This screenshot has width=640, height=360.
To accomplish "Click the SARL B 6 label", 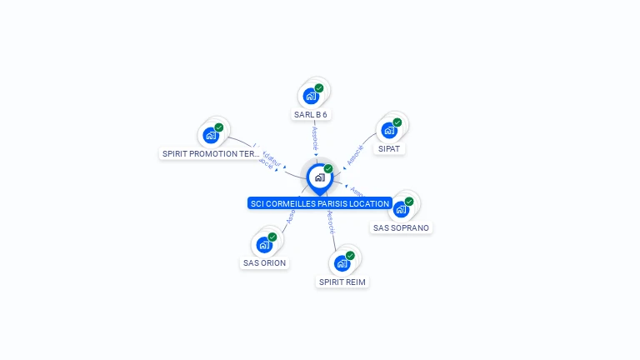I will (316, 114).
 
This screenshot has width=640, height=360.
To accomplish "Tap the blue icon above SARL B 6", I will (312, 96).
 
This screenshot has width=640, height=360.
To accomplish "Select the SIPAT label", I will (389, 148).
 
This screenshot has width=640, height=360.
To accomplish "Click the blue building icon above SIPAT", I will (389, 130).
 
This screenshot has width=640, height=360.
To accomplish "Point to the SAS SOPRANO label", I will (402, 227).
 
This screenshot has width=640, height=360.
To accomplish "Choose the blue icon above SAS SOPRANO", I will (401, 209).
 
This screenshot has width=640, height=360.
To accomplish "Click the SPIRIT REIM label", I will (342, 282).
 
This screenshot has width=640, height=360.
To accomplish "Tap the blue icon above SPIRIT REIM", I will (342, 263).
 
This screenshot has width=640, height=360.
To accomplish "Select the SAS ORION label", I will (264, 262).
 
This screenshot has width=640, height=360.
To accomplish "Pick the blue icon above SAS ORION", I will (264, 244).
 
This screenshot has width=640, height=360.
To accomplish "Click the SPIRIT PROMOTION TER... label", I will (211, 153).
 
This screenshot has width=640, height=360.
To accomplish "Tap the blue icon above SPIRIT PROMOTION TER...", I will (211, 135).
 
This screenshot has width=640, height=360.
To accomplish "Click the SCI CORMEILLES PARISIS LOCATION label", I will (320, 203).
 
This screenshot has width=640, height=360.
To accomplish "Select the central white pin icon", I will (319, 177).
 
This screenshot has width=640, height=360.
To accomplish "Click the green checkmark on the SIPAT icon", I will (397, 122).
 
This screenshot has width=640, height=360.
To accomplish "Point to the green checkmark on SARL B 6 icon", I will (319, 87).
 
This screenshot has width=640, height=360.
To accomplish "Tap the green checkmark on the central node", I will (328, 168).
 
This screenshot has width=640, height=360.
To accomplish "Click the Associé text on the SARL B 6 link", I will (315, 138).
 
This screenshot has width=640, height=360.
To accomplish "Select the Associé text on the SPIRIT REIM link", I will (331, 220).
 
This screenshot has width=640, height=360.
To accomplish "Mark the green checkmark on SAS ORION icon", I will (272, 237).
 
